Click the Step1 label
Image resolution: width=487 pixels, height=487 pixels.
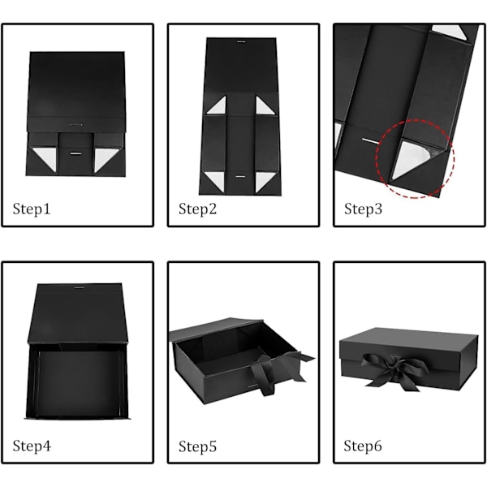click(x=32, y=209)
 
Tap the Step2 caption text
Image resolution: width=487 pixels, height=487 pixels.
click(x=197, y=209)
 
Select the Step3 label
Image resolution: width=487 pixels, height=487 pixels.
click(x=363, y=209)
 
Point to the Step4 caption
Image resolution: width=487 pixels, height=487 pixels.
click(x=32, y=446)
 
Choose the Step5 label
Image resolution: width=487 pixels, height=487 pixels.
click(x=197, y=446)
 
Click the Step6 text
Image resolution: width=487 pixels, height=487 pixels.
click(x=363, y=446)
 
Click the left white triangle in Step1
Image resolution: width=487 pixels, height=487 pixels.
click(x=47, y=157)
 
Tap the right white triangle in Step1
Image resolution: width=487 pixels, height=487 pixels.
click(x=105, y=157)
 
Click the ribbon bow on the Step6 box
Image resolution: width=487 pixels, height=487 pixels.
click(x=395, y=370)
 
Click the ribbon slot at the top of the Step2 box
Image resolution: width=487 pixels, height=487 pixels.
click(x=241, y=41)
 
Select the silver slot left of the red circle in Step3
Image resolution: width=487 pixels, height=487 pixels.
click(x=371, y=141)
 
